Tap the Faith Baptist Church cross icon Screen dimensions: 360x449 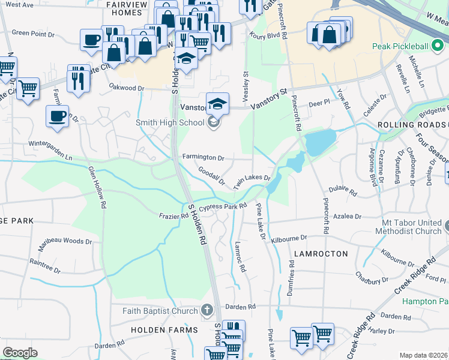tap(207, 310)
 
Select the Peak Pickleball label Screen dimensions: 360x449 tap(400, 46)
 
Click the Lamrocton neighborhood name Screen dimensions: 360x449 tap(321, 254)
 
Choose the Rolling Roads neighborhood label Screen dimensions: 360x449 tap(412, 124)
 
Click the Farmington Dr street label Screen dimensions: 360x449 tap(203, 158)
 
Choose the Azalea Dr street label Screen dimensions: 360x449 tap(349, 216)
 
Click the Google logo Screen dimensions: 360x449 tap(20, 353)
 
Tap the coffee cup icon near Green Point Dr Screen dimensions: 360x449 tap(91, 40)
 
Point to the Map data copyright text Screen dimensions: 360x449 tap(424, 355)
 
